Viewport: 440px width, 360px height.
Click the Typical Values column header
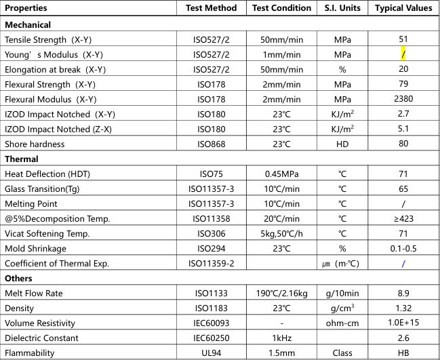pyautogui.click(x=403, y=8)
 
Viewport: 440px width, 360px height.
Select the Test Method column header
pyautogui.click(x=212, y=8)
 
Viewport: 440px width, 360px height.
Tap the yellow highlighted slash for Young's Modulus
pyautogui.click(x=403, y=54)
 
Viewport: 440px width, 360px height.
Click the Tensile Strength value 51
pyautogui.click(x=403, y=39)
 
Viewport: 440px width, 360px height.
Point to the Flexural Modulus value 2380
pyautogui.click(x=403, y=99)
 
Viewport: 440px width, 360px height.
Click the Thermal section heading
pyautogui.click(x=22, y=159)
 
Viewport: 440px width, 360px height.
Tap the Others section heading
pyautogui.click(x=19, y=278)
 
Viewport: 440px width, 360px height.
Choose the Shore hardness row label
pyautogui.click(x=35, y=144)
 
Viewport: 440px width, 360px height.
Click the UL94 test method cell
pyautogui.click(x=212, y=353)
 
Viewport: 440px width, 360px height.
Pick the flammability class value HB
pyautogui.click(x=403, y=353)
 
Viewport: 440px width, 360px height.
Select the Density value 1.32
pyautogui.click(x=403, y=308)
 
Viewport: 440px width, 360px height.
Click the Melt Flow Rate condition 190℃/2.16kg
pyautogui.click(x=281, y=293)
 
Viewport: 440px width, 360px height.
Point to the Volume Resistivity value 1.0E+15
pyautogui.click(x=403, y=323)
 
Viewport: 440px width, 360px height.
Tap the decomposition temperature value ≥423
pyautogui.click(x=403, y=218)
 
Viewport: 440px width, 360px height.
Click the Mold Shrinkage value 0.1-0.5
pyautogui.click(x=403, y=248)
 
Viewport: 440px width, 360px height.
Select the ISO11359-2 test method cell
pyautogui.click(x=212, y=263)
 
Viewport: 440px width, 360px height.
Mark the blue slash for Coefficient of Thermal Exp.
pyautogui.click(x=403, y=263)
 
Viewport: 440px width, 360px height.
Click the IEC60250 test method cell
pyautogui.click(x=212, y=338)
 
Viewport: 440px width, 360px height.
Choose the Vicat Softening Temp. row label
pyautogui.click(x=47, y=233)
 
